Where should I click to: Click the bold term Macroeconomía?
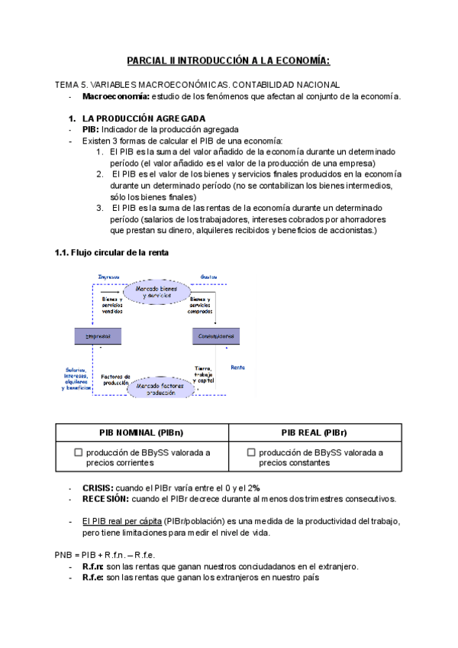(116, 96)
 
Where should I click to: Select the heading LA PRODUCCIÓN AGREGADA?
(143, 118)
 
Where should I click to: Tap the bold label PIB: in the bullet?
(90, 130)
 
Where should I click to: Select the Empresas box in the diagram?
(98, 336)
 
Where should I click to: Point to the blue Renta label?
(237, 366)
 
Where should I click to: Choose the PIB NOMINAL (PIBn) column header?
(142, 433)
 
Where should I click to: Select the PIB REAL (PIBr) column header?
(314, 433)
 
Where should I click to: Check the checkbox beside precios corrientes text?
(78, 452)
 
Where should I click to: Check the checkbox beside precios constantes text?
(251, 452)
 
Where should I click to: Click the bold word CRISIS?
(98, 488)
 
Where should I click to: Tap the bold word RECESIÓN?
(105, 499)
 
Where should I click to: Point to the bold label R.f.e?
(93, 578)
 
